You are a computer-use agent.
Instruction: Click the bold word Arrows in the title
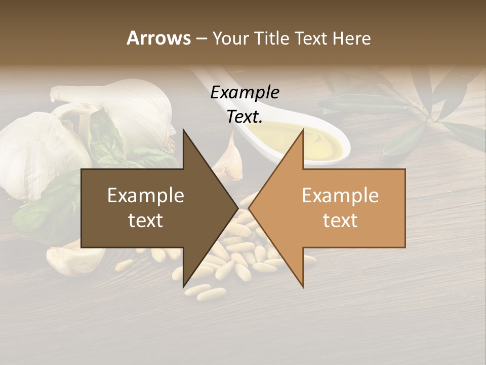(x=158, y=38)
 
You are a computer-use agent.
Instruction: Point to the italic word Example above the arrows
(x=245, y=93)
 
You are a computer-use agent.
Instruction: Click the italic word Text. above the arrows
(x=245, y=117)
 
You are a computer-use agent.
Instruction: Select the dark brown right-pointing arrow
(x=152, y=208)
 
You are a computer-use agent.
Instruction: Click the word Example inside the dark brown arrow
(x=145, y=195)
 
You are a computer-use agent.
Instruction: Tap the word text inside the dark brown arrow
(x=145, y=221)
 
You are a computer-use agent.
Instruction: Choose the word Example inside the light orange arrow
(x=340, y=195)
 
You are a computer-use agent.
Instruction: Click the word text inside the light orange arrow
(x=340, y=221)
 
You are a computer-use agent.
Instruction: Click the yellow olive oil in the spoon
(x=324, y=144)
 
